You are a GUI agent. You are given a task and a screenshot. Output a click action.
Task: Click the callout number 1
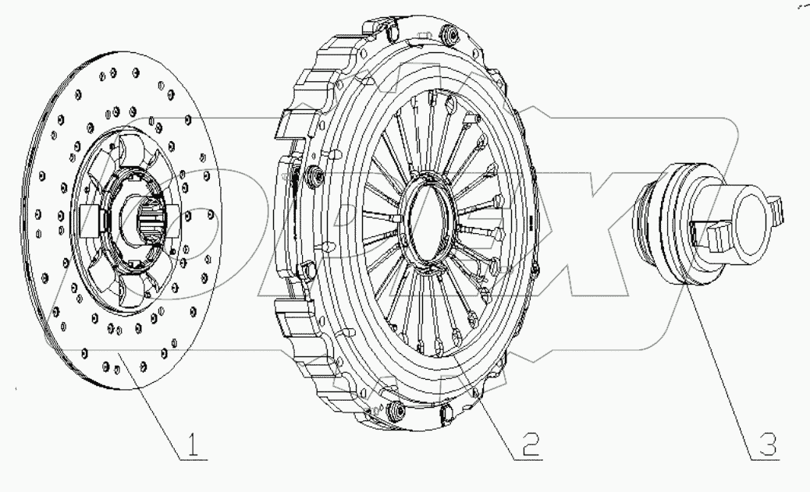click(194, 445)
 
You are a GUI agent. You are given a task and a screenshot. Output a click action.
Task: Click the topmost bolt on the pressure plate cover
click(449, 34)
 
